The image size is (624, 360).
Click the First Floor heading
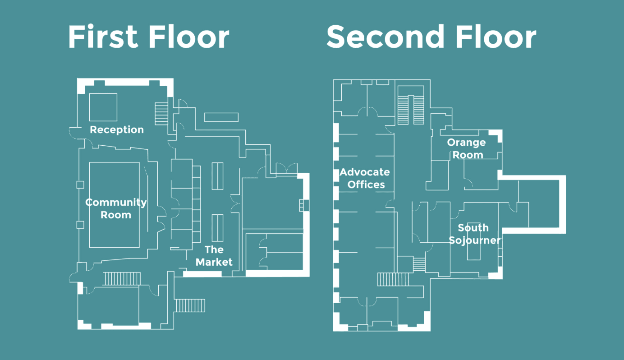point(149,37)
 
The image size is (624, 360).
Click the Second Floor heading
point(431,37)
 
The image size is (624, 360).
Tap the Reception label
point(117,130)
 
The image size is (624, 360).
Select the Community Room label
point(116,208)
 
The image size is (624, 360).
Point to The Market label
point(214,256)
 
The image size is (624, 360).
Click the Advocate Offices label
point(365,178)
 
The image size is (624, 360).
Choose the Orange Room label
point(467,148)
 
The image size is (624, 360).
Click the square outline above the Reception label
point(103,107)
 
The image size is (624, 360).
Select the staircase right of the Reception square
point(161,114)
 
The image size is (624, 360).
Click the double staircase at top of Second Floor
point(411,110)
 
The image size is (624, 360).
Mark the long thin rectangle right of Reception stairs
point(221,117)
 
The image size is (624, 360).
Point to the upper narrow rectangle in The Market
point(217,176)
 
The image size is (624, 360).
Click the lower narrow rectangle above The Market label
point(217,228)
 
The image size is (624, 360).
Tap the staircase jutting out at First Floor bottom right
point(190,306)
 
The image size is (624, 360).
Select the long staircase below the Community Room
point(122,278)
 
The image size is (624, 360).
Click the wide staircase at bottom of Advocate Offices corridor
point(393,279)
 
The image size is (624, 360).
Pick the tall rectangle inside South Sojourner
point(473,241)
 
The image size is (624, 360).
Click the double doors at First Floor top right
point(286,168)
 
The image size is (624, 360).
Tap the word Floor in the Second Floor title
point(496,37)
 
